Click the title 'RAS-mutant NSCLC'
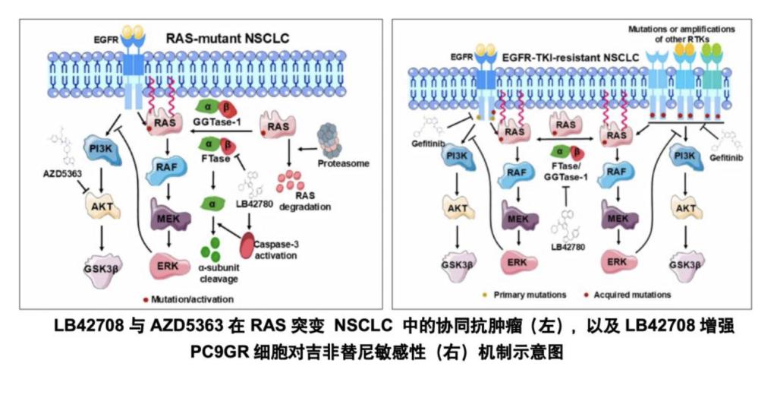coord(228,37)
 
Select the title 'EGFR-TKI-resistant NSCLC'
coord(562,55)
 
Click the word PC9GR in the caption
coord(216,352)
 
